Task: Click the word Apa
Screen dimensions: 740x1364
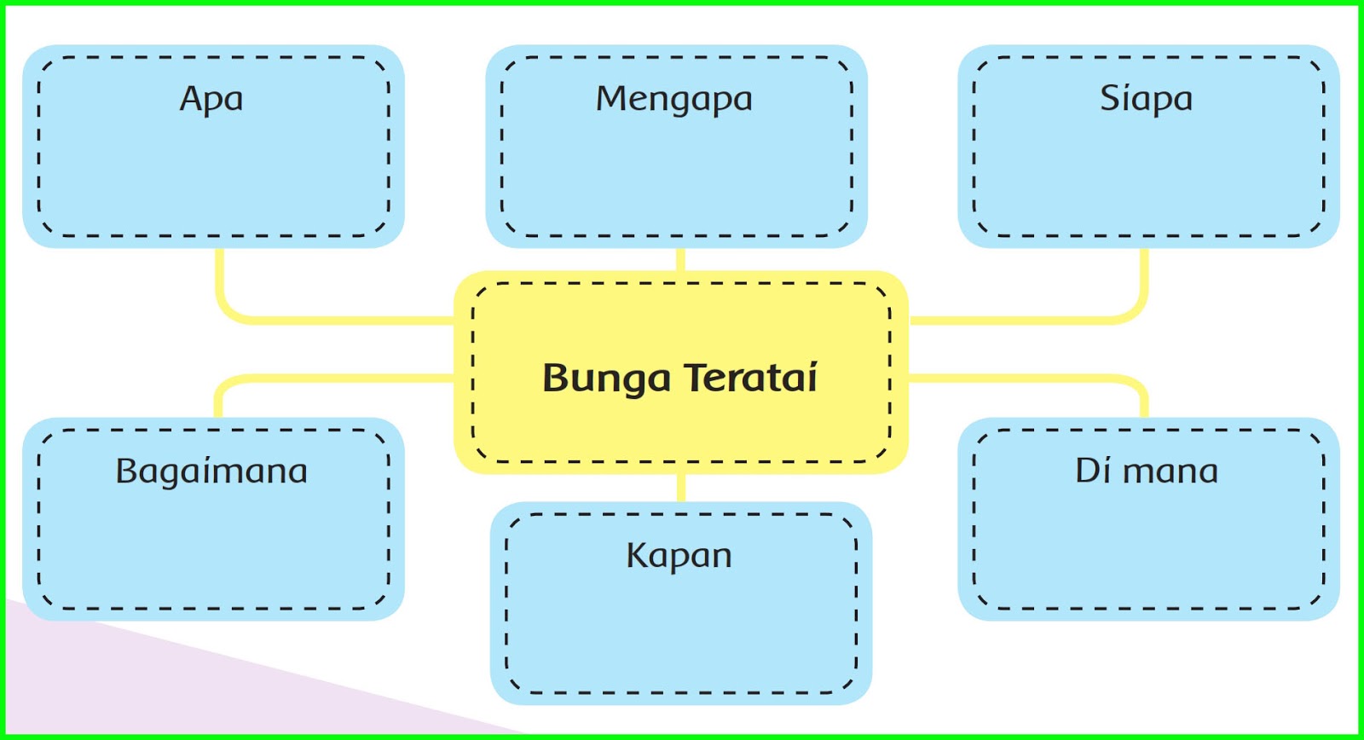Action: (x=211, y=100)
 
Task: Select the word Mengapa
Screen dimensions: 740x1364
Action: (x=673, y=100)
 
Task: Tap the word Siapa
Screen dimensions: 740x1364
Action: (x=1146, y=100)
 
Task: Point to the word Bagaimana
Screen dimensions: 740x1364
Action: (x=211, y=471)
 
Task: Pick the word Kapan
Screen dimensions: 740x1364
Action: (x=679, y=556)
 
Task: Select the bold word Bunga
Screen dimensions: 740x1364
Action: (x=606, y=379)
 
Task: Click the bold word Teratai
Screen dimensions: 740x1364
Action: (x=750, y=378)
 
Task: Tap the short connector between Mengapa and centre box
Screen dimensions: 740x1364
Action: (x=680, y=259)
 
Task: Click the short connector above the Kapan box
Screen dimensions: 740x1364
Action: (x=680, y=487)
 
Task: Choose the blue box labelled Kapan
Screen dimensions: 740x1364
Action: (x=680, y=631)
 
